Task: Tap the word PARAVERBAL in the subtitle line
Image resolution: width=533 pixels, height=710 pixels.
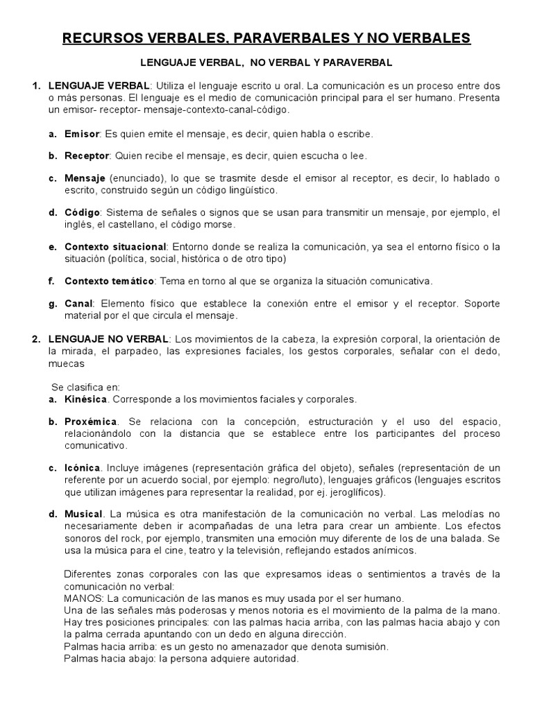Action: coord(358,62)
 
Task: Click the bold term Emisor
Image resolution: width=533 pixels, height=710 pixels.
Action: coord(82,133)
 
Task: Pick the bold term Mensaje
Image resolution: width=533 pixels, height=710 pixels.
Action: coord(85,178)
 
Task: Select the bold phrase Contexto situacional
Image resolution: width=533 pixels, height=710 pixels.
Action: coord(115,247)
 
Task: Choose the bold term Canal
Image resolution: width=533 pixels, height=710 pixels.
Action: coord(78,304)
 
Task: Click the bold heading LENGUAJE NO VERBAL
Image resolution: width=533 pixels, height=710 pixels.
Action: coord(108,338)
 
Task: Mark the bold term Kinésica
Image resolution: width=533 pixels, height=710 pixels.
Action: coord(85,399)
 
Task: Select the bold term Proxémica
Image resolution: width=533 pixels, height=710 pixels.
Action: coord(90,422)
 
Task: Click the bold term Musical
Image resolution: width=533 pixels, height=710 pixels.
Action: coord(83,514)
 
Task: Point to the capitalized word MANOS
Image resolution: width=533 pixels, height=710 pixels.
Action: coord(81,598)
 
